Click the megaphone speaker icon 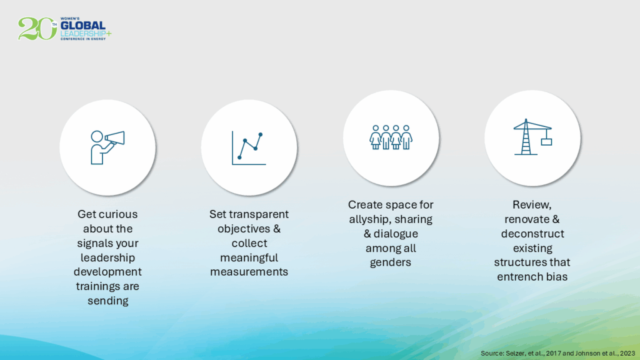107,147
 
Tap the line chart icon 249,148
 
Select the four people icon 391,137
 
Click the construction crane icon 532,137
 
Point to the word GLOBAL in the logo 83,26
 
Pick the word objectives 244,229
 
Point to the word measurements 249,272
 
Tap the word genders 391,262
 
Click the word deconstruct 532,234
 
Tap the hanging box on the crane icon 546,142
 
